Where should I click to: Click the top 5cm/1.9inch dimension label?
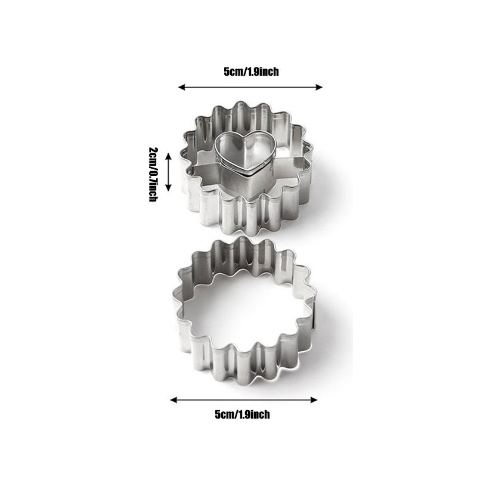click(251, 72)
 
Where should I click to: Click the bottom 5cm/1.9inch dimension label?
click(242, 414)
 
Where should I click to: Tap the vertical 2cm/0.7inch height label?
click(153, 174)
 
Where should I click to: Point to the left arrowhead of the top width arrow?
click(182, 87)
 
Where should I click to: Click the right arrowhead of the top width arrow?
click(319, 87)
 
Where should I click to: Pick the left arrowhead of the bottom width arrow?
click(174, 399)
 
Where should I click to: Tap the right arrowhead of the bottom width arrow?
click(314, 399)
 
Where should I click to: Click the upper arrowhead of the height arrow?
click(168, 157)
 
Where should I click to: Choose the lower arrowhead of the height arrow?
click(168, 188)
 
